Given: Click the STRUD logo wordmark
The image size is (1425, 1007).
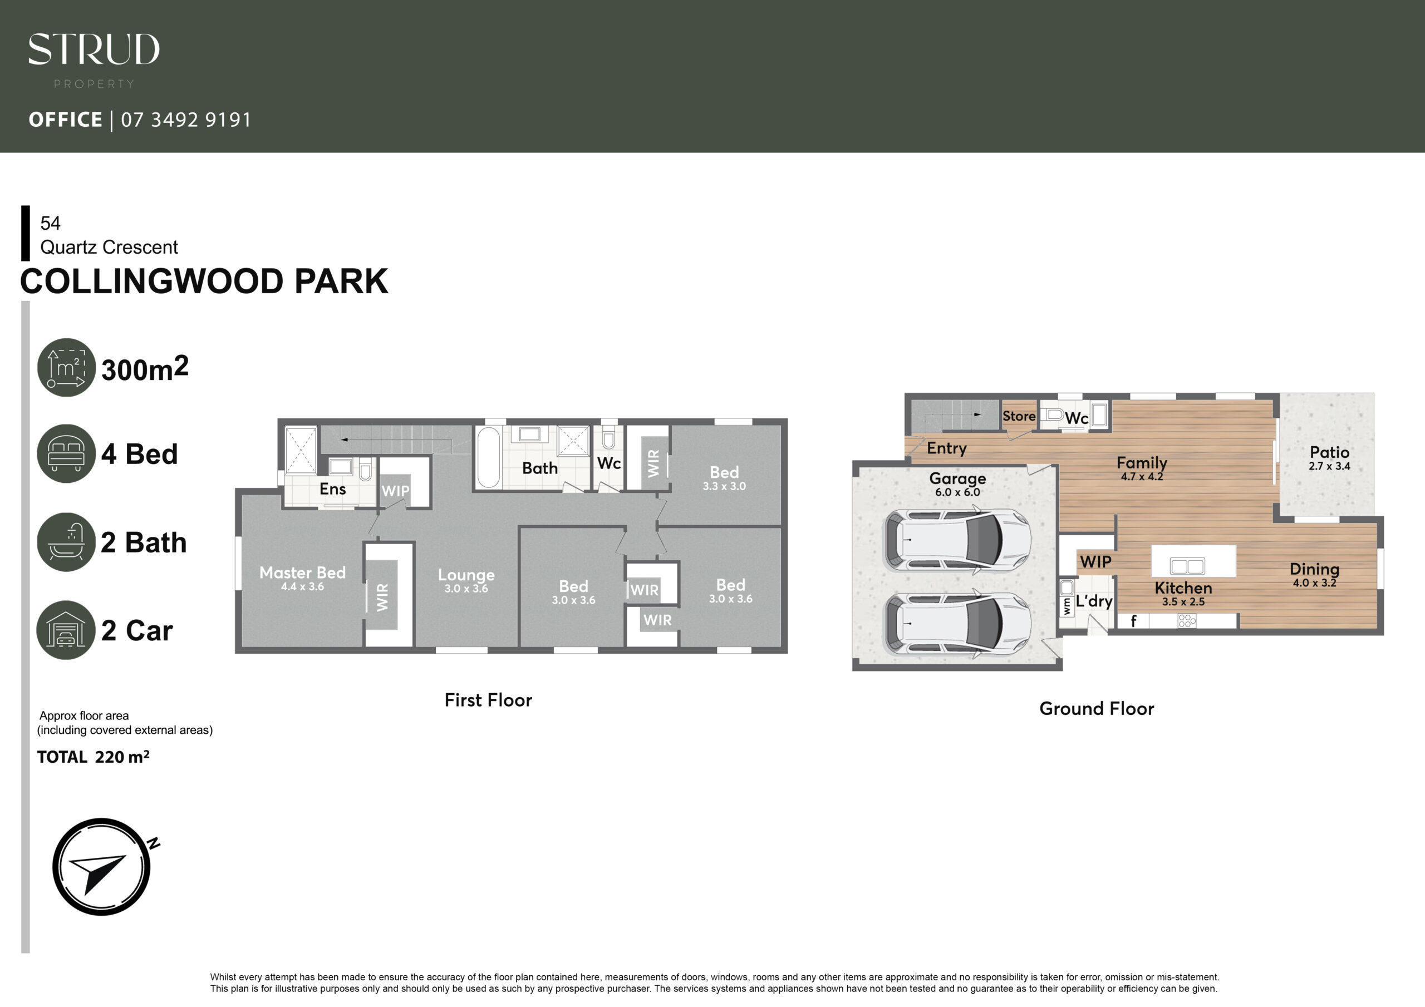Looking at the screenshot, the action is click(94, 49).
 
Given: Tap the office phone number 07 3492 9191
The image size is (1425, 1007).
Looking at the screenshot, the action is click(186, 119).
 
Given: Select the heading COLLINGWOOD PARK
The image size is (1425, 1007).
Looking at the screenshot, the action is click(204, 281).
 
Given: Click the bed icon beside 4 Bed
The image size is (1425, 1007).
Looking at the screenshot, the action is click(66, 453).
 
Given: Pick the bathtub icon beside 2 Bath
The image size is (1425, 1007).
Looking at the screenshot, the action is click(66, 542).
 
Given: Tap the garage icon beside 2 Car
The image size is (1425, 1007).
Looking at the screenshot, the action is click(66, 630).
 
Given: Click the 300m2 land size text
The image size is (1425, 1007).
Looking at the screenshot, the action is click(145, 368).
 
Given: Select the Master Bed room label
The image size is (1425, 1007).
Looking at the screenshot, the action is click(302, 572).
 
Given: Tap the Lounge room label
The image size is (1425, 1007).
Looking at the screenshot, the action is click(466, 575).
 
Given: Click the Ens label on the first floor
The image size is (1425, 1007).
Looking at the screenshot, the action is click(333, 489).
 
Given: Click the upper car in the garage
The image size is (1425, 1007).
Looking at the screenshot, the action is click(957, 539).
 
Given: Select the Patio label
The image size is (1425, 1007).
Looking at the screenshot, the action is click(1329, 452).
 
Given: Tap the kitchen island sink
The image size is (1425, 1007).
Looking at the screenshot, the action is click(1187, 566).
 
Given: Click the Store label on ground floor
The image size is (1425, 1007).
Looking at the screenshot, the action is click(1019, 416).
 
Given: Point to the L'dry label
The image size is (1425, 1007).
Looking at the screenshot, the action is click(1094, 601).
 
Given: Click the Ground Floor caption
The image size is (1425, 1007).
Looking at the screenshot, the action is click(1097, 709).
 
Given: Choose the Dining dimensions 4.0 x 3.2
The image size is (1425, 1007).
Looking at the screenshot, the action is click(1315, 583).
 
